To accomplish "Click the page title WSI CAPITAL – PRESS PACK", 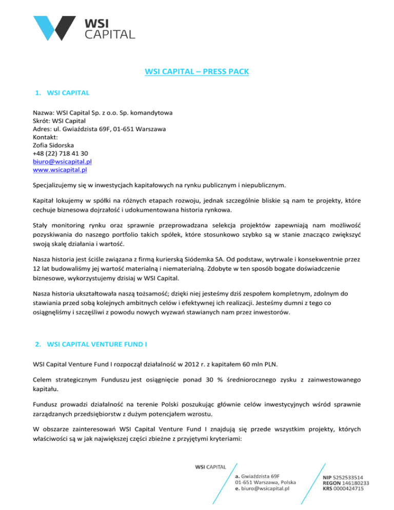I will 197,72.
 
